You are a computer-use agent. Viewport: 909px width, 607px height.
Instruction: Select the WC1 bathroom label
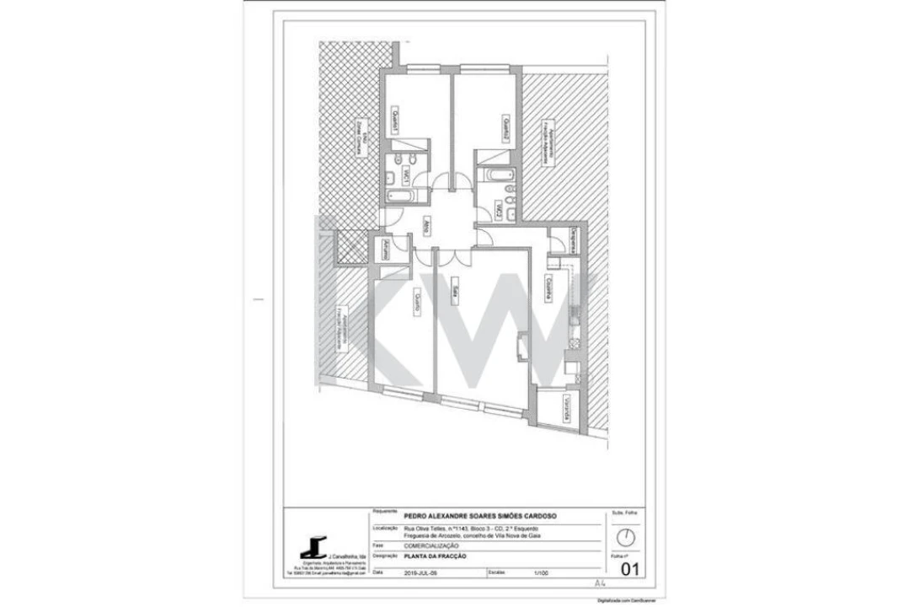pos(406,175)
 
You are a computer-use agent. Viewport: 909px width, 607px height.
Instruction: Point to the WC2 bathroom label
pos(500,210)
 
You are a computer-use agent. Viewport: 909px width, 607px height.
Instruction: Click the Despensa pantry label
pos(573,239)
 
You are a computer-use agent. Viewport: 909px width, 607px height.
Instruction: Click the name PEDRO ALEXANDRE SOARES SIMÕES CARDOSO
pos(480,517)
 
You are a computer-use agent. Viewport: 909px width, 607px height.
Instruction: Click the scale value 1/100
pos(540,572)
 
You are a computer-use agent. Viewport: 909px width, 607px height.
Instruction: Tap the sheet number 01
pos(628,570)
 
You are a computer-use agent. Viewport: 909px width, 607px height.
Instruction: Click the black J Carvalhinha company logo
pos(314,548)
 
